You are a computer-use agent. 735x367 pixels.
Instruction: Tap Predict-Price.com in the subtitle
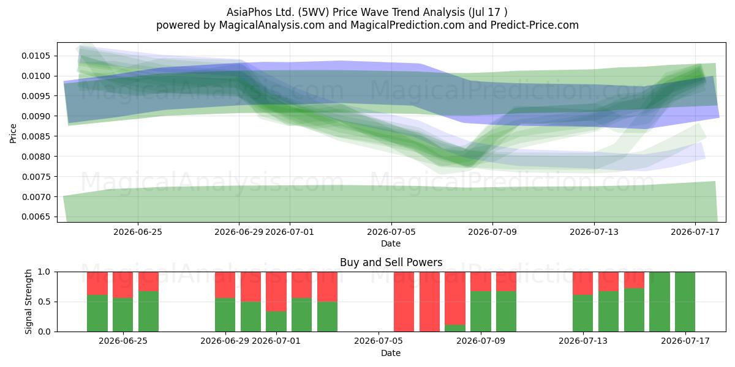(535, 25)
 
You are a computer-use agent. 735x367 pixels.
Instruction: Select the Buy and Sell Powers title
(391, 262)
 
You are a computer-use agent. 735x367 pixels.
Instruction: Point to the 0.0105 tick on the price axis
(36, 56)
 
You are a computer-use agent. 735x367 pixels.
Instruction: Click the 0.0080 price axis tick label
(36, 157)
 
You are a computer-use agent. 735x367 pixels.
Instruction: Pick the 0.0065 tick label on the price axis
(36, 217)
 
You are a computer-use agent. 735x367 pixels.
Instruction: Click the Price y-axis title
(13, 133)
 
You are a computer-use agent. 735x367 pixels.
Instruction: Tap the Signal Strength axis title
(28, 302)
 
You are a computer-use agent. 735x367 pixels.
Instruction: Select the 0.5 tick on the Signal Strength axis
(44, 302)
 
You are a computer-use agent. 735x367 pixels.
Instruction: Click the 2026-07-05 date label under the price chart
(391, 232)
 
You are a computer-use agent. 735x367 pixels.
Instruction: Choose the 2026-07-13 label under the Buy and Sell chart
(583, 341)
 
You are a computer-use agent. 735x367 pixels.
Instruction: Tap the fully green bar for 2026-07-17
(685, 302)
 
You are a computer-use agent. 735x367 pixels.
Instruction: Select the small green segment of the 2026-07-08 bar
(455, 328)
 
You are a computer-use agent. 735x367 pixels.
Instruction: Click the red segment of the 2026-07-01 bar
(276, 291)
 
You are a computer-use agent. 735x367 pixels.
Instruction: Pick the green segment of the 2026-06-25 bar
(123, 314)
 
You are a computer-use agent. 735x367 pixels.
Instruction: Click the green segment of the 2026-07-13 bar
(582, 313)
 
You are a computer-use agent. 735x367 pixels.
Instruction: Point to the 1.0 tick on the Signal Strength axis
(44, 272)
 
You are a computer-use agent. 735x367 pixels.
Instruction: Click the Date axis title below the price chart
(391, 243)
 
